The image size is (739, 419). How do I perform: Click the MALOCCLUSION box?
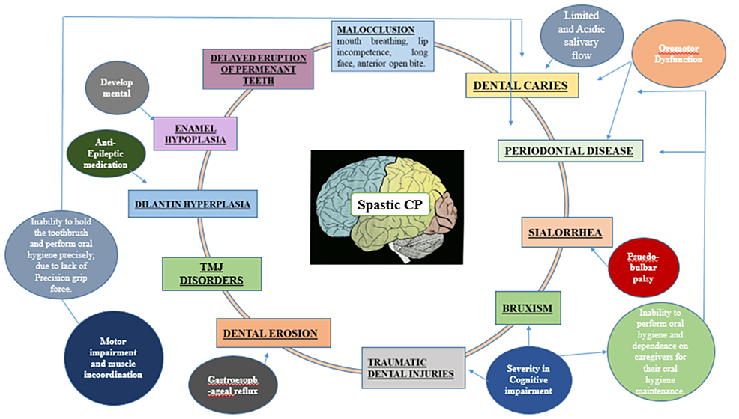[382, 46]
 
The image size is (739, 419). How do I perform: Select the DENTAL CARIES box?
[522, 85]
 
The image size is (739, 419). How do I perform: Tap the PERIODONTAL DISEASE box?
[570, 150]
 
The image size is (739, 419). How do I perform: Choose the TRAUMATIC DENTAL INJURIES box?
[411, 367]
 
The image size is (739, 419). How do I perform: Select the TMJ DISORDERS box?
[212, 273]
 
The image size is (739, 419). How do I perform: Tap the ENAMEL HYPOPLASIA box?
[195, 134]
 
